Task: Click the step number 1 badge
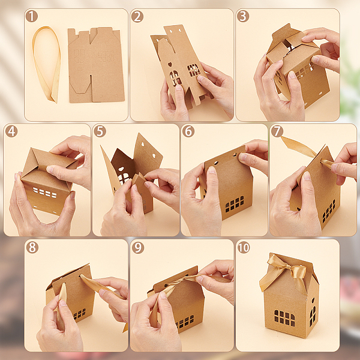click(31, 16)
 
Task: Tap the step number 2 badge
click(137, 16)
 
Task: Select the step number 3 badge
click(243, 16)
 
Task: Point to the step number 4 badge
click(11, 131)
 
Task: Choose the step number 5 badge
click(100, 131)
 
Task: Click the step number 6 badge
click(188, 131)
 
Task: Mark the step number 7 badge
click(277, 131)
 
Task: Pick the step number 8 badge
click(32, 247)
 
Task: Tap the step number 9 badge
click(138, 247)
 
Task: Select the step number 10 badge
click(244, 247)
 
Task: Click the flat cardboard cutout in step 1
click(96, 65)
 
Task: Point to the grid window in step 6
click(235, 204)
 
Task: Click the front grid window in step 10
click(284, 318)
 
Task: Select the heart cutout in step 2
click(170, 65)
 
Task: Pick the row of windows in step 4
click(45, 193)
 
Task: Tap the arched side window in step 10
click(313, 316)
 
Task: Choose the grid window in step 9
click(185, 322)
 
